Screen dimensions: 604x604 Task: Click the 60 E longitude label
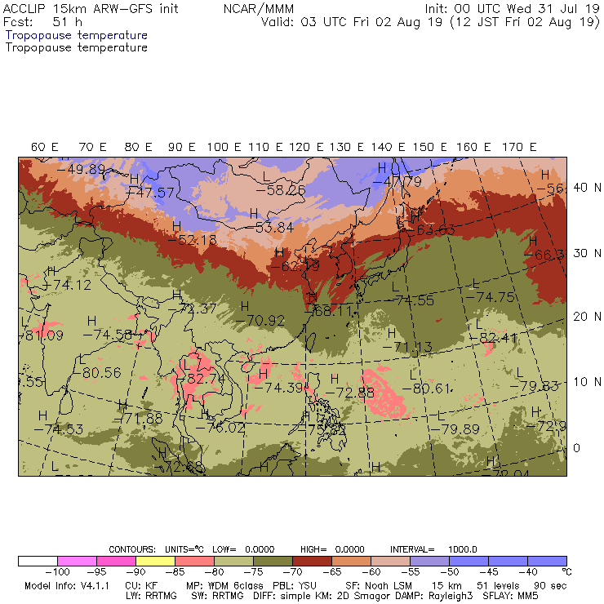[44, 147]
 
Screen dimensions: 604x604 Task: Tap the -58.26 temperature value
[280, 189]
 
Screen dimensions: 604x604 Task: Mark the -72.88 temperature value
[354, 393]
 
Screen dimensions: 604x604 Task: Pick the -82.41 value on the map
[500, 337]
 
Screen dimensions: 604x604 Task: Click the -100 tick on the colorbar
[57, 571]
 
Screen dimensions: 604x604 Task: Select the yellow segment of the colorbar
[155, 561]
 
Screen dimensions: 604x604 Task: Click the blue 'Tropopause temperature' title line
[77, 36]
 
